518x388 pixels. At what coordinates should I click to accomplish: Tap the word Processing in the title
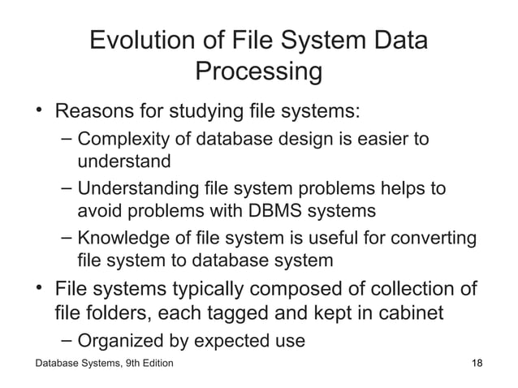259,72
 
